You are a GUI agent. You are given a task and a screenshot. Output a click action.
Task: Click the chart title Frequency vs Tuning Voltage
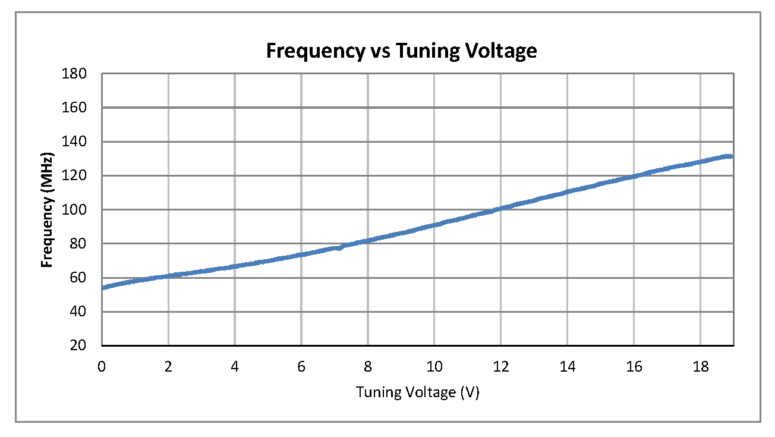[401, 51]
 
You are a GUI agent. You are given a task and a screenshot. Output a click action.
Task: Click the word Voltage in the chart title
[498, 51]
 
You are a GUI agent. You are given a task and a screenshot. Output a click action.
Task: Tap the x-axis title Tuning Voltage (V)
[417, 392]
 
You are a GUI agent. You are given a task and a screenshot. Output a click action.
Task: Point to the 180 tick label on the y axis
[78, 74]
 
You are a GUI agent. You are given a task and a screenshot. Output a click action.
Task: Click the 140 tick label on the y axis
[78, 142]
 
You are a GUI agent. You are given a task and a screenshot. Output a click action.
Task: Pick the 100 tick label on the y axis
[78, 210]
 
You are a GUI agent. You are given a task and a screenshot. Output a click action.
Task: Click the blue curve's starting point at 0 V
[103, 288]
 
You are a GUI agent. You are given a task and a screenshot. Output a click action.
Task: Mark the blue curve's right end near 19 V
[730, 156]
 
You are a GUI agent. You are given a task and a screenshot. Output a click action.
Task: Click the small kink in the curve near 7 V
[339, 247]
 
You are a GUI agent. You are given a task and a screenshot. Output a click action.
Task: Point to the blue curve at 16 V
[634, 177]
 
